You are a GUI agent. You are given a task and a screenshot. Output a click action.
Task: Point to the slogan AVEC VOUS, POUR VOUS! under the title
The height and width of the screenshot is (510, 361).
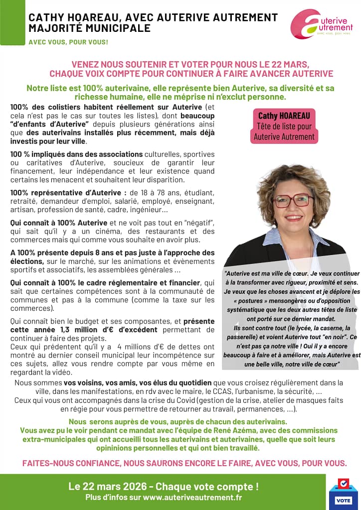click(x=68, y=42)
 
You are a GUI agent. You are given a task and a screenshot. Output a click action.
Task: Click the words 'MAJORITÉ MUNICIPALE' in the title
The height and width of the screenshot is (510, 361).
click(x=89, y=28)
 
